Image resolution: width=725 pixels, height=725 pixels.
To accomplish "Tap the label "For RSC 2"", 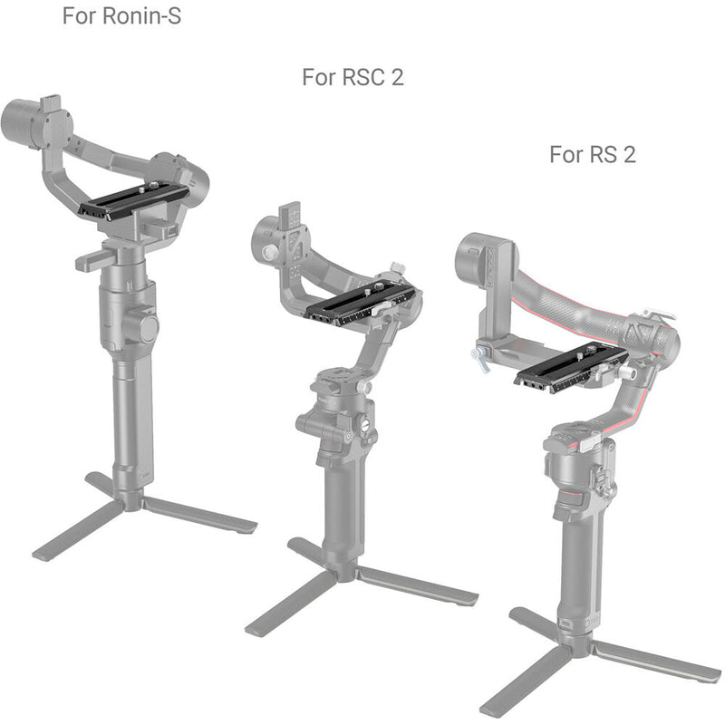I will (x=353, y=77).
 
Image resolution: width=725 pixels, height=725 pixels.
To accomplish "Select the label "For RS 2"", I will (x=593, y=154).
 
